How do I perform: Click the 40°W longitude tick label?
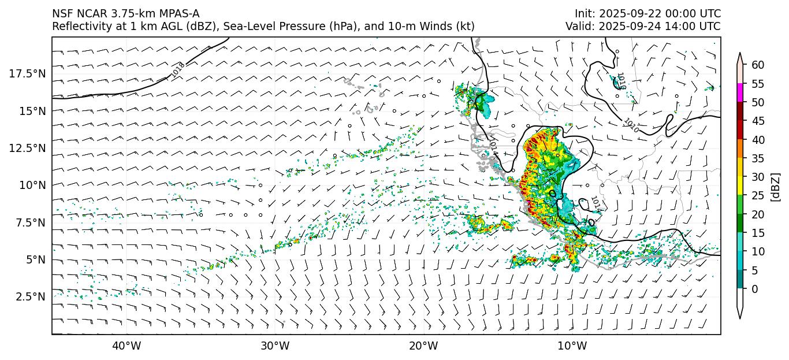point(126,346)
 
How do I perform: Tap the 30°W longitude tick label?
point(275,346)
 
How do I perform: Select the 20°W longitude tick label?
point(423,346)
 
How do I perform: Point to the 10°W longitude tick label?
point(572,346)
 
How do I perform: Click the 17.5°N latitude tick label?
point(27,73)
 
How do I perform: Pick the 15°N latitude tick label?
point(32,110)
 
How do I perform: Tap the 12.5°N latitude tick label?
point(27,148)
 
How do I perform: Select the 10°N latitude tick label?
point(32,185)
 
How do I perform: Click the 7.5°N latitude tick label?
point(29,222)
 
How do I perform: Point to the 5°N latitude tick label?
point(35,259)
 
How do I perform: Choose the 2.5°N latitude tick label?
point(29,296)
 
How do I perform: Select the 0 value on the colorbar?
point(754,289)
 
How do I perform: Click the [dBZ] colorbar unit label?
point(776,187)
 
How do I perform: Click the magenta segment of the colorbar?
point(740,93)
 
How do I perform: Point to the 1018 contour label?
point(178,70)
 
